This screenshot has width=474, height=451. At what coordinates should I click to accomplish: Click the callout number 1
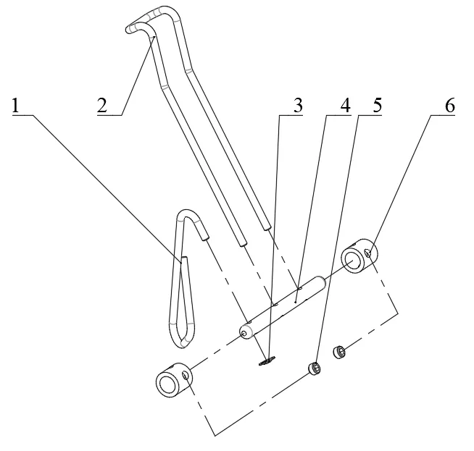[x=15, y=106]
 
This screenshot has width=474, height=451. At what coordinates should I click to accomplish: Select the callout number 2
[x=102, y=106]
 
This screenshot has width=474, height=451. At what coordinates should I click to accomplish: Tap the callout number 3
[x=298, y=106]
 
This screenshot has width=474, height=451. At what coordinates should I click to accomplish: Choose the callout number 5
[x=378, y=106]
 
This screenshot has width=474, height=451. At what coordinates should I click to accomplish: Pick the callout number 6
[x=450, y=106]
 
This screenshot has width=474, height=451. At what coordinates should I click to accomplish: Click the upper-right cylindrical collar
[x=359, y=256]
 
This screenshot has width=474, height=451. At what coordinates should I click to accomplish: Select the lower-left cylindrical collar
[x=173, y=380]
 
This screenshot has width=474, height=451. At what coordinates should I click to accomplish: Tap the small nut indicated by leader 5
[x=315, y=368]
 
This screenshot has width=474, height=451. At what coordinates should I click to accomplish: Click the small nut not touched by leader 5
[x=339, y=352]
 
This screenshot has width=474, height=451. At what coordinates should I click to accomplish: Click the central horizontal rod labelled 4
[x=283, y=308]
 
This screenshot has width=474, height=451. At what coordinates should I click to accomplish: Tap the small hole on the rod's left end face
[x=244, y=333]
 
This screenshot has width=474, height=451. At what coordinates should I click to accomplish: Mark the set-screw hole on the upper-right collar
[x=368, y=253]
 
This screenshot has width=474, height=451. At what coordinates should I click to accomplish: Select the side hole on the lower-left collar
[x=185, y=375]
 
